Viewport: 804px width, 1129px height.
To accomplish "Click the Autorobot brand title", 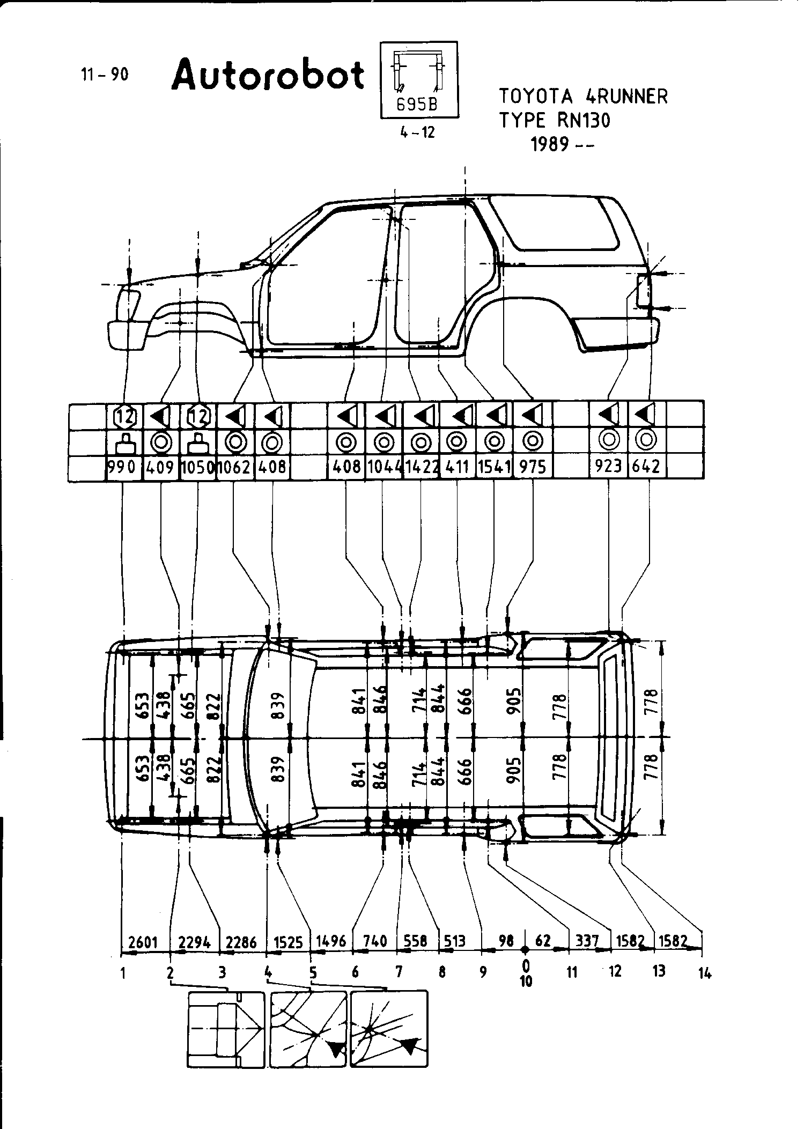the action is coord(268,75).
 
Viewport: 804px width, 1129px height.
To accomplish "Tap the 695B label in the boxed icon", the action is coord(417,106).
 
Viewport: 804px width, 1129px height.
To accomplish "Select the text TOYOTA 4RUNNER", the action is coord(584,97).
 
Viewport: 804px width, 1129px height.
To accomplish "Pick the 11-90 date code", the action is coord(105,75).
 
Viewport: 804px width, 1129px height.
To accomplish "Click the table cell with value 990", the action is coord(123,467).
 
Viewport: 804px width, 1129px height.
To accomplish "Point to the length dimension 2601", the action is coord(143,942).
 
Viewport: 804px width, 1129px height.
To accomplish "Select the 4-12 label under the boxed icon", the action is coord(417,132).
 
